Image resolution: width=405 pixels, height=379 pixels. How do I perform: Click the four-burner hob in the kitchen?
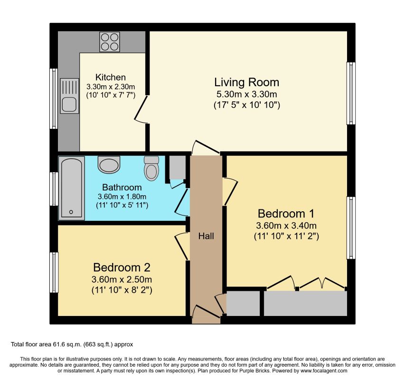(x=110, y=42)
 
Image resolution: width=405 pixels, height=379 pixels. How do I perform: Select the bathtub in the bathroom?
(x=72, y=188)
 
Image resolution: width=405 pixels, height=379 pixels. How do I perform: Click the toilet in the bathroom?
(x=151, y=168)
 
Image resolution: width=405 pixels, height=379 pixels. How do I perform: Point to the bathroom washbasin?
(x=109, y=164)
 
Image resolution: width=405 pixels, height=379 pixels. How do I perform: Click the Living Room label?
(x=247, y=82)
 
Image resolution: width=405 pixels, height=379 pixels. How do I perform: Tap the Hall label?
(x=206, y=236)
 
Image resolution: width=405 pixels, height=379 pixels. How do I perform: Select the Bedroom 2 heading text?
(x=122, y=268)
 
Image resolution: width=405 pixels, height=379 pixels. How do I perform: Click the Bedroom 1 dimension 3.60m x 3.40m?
(x=286, y=226)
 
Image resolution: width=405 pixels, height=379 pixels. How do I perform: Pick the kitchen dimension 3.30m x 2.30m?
(x=111, y=87)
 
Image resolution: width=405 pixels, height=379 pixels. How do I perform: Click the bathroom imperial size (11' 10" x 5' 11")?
(x=122, y=205)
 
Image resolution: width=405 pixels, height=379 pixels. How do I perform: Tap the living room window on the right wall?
(x=351, y=93)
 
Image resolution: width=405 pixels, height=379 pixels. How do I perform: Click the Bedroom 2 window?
(x=54, y=272)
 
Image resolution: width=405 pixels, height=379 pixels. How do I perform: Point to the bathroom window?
(x=54, y=189)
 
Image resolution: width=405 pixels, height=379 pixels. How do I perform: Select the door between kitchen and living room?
(x=141, y=109)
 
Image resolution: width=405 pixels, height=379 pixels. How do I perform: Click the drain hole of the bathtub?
(x=71, y=212)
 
